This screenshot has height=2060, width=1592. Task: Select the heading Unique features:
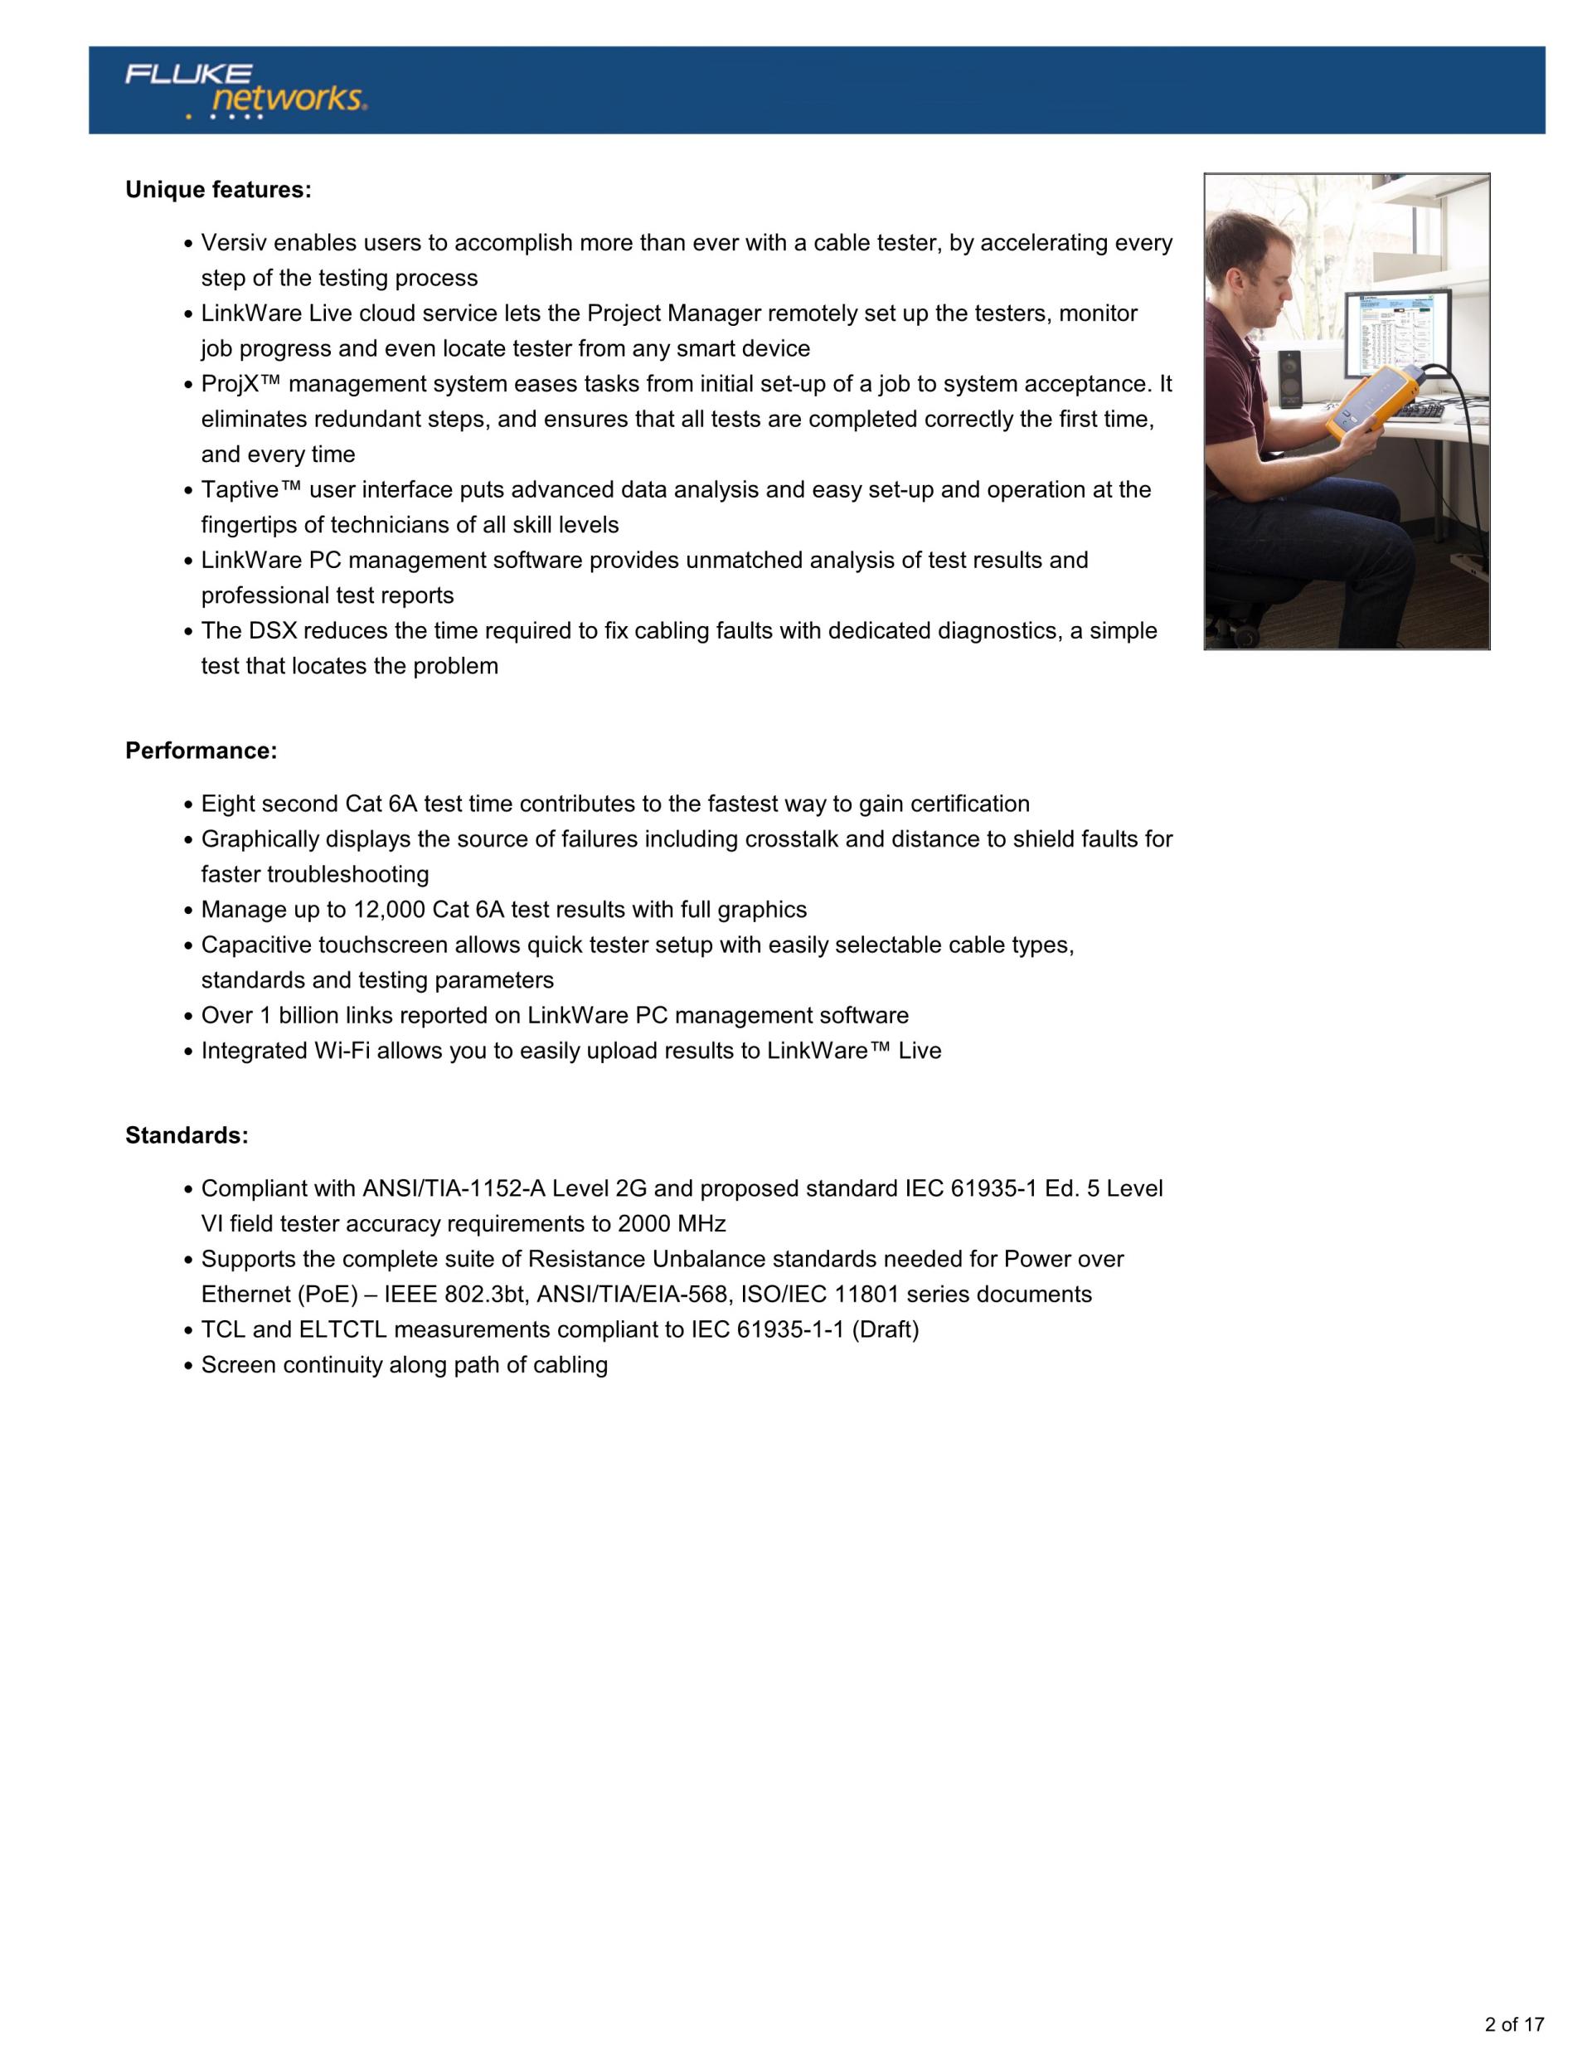point(218,190)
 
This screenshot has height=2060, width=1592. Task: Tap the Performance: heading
point(201,751)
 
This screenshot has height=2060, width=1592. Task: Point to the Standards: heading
point(187,1135)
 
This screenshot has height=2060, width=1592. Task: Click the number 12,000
point(390,911)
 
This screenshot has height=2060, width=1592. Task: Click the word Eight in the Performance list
point(227,804)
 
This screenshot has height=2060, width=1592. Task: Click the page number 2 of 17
point(1514,2024)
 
